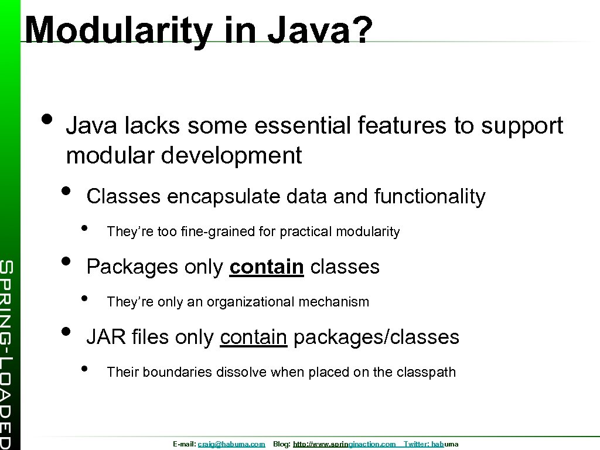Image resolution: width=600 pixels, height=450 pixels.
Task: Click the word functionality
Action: coord(429,197)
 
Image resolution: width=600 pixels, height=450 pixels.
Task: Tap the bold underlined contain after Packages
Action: coord(267,267)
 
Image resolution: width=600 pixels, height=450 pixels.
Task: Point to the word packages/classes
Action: coord(376,337)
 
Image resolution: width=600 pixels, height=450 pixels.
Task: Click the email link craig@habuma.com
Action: coord(231,445)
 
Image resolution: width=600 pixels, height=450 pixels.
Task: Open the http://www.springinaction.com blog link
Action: coord(344,445)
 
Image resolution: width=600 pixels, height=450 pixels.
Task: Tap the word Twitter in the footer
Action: coord(416,445)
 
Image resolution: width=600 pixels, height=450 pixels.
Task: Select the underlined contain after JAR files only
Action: coord(253,337)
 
